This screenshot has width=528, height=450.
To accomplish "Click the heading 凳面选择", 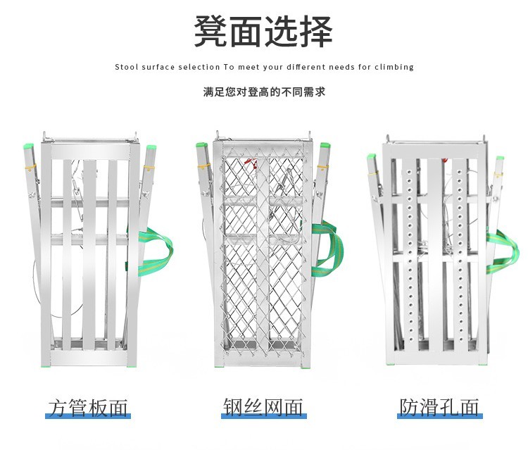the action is [x=263, y=31].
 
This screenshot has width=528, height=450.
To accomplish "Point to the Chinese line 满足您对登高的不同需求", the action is [x=263, y=92].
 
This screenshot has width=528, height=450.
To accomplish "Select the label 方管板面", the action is [x=88, y=407].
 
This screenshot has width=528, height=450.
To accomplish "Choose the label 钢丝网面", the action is [x=263, y=406].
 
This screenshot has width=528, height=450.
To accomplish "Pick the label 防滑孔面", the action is [x=439, y=406].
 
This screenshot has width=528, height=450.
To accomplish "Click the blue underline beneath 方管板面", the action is [x=88, y=418].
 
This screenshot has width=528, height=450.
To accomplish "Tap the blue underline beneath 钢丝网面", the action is [x=264, y=417].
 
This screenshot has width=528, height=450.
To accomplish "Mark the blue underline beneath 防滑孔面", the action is [x=440, y=417].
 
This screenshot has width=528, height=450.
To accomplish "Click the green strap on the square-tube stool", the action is [x=158, y=246].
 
